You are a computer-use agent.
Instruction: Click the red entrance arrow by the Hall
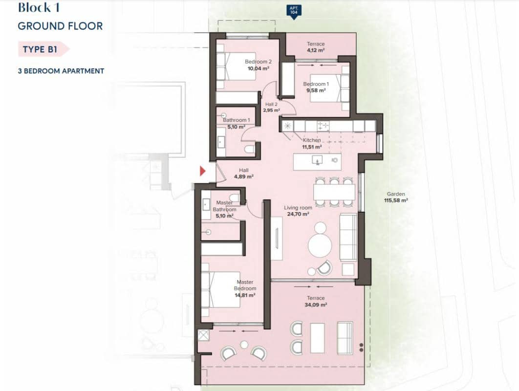click(203, 171)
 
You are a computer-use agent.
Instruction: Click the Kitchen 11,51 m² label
click(312, 143)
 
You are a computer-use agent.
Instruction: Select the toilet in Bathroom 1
click(249, 148)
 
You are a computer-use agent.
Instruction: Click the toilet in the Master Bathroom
click(235, 198)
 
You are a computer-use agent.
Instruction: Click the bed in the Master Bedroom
click(220, 289)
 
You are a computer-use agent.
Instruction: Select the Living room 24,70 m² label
click(298, 211)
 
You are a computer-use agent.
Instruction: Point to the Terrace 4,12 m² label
click(315, 47)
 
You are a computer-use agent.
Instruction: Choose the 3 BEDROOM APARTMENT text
click(61, 71)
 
